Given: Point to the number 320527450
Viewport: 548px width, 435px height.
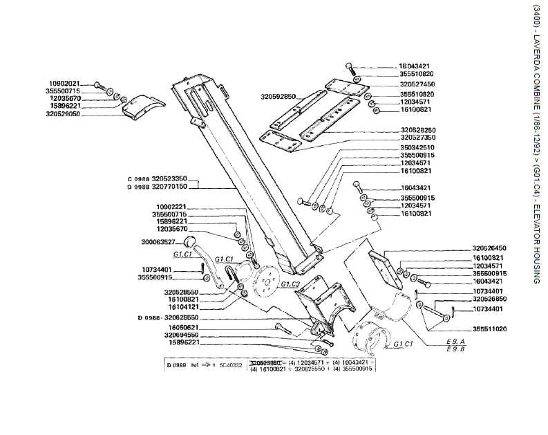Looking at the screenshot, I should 417,84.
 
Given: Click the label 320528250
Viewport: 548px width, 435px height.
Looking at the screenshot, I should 417,130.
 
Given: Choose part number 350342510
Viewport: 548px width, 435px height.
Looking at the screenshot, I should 417,147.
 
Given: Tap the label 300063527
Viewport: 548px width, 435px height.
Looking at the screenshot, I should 158,242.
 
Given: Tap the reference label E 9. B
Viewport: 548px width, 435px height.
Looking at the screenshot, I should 456,349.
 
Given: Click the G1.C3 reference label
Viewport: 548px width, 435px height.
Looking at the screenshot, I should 290,284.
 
